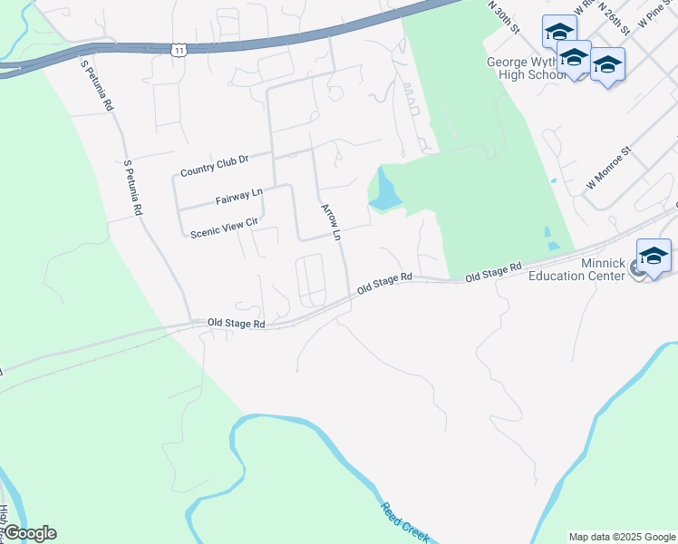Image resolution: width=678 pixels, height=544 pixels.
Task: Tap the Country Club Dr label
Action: [x=214, y=166]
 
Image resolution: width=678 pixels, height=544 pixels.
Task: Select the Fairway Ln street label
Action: [x=238, y=195]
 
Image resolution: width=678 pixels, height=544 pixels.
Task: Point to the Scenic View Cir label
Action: [x=225, y=227]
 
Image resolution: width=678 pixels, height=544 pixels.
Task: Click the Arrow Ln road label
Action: [x=330, y=222]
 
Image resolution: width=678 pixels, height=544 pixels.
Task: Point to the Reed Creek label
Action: [x=404, y=522]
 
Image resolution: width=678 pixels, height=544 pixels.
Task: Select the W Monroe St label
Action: [x=607, y=168]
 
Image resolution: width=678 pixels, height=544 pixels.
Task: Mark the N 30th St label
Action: [x=503, y=17]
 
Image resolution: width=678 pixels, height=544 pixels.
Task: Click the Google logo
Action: [x=30, y=533]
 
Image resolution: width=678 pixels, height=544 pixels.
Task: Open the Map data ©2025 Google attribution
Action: [x=622, y=537]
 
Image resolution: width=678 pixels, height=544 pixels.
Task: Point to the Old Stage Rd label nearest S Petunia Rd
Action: [x=236, y=323]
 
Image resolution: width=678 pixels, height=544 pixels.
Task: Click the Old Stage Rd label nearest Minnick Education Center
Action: [x=494, y=271]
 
